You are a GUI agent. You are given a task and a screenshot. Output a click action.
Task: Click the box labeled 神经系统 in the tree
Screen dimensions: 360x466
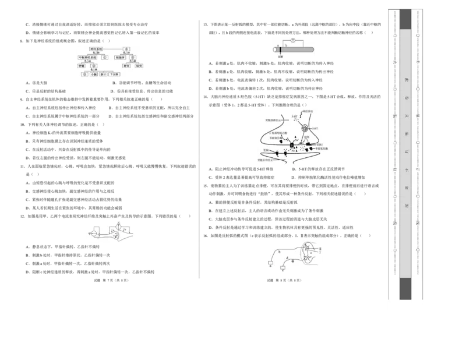pyautogui.click(x=96, y=49)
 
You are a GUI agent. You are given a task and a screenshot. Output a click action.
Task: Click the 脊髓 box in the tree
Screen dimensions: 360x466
pyautogui.click(x=82, y=66)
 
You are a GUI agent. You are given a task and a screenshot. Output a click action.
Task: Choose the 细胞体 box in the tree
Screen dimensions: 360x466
pyautogui.click(x=120, y=58)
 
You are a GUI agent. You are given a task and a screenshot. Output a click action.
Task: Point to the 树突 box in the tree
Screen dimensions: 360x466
pyautogui.click(x=126, y=66)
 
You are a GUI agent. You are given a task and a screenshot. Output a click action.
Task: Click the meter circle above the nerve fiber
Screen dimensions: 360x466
pyautogui.click(x=294, y=41)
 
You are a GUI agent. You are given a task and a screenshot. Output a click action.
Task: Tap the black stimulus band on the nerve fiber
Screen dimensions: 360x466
pyautogui.click(x=280, y=50)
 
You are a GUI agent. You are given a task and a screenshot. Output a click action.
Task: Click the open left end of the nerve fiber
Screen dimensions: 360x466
pyautogui.click(x=275, y=50)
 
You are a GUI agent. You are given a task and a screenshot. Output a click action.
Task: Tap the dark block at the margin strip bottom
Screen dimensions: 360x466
pyautogui.click(x=405, y=289)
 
